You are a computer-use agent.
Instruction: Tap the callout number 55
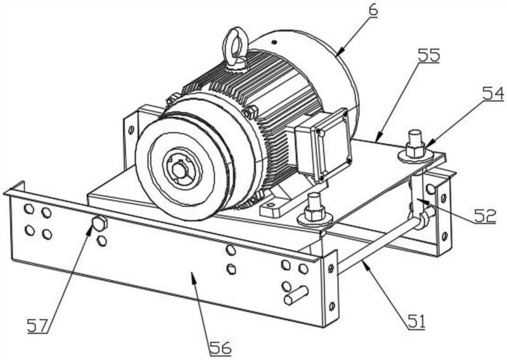coord(429,55)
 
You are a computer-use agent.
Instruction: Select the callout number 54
coord(494,94)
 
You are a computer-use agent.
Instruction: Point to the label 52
coord(485,216)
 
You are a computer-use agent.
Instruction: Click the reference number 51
coord(416,322)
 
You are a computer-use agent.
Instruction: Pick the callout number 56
coord(221,349)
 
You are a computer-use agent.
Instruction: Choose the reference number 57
coord(37,325)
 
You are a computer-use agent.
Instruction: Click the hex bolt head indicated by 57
coord(99,224)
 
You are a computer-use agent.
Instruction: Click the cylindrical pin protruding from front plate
coord(297,295)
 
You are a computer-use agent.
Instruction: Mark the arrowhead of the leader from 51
coord(364,261)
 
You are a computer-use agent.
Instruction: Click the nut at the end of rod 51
coord(423,218)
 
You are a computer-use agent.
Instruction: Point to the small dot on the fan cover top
coord(274,41)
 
